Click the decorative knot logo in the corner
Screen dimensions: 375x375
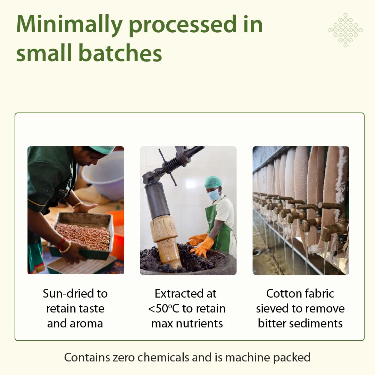[345, 30]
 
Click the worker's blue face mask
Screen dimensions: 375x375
[214, 195]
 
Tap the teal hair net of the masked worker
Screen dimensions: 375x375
[213, 182]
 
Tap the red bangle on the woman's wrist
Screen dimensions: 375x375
[61, 244]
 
